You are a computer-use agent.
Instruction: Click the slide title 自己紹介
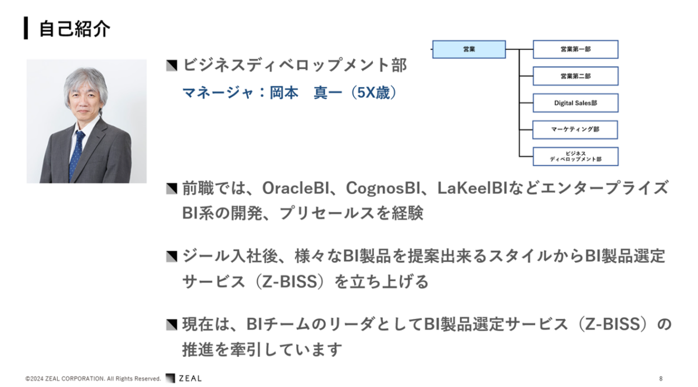point(75,28)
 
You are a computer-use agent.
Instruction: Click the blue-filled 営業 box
point(469,49)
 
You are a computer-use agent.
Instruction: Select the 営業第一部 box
point(575,49)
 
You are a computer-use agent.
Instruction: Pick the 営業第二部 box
point(575,76)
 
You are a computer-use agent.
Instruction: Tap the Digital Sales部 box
point(575,103)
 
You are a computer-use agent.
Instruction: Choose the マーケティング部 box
point(575,130)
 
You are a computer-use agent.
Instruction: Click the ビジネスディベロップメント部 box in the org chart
point(575,156)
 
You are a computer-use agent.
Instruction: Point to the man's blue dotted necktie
point(77,154)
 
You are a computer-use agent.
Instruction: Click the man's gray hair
point(86,81)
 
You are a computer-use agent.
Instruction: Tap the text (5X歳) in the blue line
point(373,93)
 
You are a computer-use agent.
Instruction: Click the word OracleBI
point(295,188)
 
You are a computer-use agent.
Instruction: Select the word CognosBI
point(383,188)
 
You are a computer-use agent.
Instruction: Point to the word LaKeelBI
point(472,188)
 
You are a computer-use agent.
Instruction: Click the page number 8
point(661,379)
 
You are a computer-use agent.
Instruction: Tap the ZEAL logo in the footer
point(184,378)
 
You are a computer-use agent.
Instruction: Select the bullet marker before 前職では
point(172,189)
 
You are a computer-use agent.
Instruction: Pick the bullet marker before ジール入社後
point(172,256)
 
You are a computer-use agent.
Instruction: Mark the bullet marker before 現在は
point(172,325)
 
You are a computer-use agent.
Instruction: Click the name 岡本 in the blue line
point(284,93)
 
